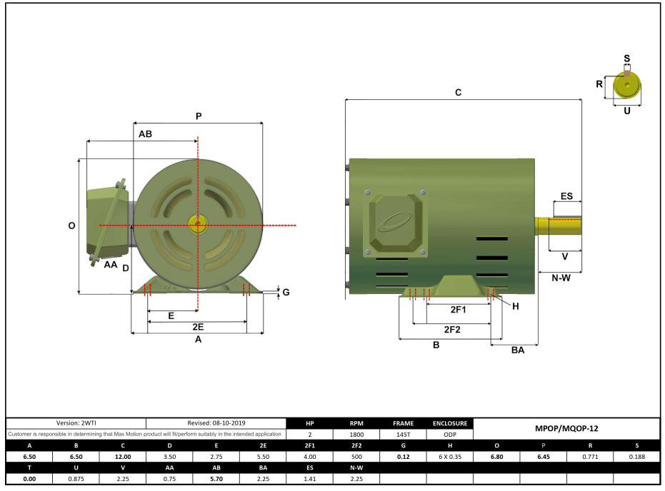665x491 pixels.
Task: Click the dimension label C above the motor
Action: click(458, 93)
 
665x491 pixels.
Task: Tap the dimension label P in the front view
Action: click(199, 116)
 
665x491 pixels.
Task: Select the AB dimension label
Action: click(145, 133)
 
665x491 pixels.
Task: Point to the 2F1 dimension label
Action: click(458, 310)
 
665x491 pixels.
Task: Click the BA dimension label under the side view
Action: click(517, 350)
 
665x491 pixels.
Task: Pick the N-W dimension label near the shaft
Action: click(561, 278)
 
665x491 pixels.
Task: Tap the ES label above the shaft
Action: click(566, 196)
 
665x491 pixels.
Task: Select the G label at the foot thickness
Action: click(286, 292)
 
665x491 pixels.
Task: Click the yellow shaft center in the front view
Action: click(197, 225)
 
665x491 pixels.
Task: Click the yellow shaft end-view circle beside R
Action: click(627, 86)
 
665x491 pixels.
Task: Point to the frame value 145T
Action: click(403, 434)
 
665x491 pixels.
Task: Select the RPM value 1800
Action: click(356, 434)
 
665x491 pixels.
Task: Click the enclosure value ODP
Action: click(449, 434)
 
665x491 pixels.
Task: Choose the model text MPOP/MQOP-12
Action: click(566, 429)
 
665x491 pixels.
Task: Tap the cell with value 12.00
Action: click(123, 457)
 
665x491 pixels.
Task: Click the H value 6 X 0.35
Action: click(449, 457)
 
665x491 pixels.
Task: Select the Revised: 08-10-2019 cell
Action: click(216, 423)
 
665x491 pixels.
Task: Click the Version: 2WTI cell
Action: click(76, 423)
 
